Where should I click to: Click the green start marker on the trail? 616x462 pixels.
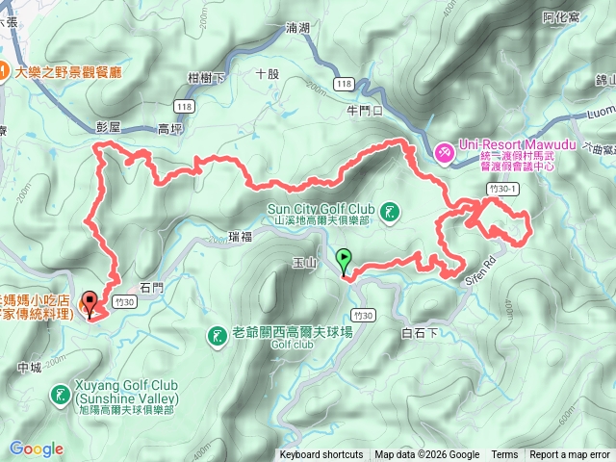[x=344, y=258]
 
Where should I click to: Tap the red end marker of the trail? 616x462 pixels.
[x=90, y=300]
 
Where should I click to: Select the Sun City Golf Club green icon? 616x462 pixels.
[x=390, y=211]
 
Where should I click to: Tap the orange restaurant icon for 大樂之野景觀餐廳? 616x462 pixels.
[x=5, y=71]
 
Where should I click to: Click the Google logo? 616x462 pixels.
[x=37, y=449]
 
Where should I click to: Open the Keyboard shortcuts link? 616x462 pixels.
[x=321, y=455]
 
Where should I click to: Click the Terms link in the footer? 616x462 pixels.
[x=504, y=455]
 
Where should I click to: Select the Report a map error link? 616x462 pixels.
[x=569, y=455]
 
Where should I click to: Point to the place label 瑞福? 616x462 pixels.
[x=242, y=236]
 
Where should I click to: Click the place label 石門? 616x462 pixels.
[x=153, y=287]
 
